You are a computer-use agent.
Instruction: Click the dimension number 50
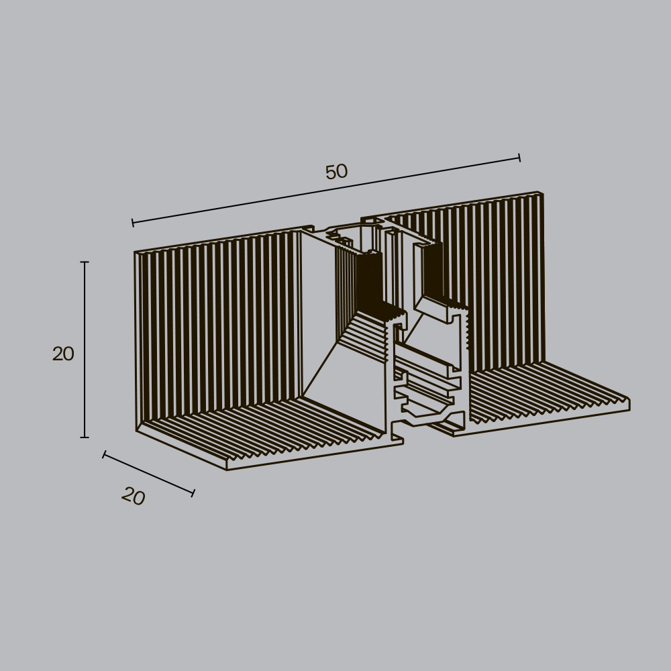click(336, 172)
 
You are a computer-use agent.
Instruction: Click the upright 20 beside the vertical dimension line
click(63, 354)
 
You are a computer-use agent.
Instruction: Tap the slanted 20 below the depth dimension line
click(134, 497)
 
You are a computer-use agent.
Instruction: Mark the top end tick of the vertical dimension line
click(85, 262)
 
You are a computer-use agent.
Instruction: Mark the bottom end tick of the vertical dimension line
click(85, 437)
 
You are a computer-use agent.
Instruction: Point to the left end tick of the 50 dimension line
click(132, 222)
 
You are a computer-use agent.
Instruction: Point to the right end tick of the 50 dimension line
click(519, 158)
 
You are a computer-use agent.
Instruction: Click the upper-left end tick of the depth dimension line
click(104, 455)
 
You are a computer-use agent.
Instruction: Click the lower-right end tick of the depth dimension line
click(193, 493)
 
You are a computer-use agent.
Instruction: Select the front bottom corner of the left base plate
click(227, 469)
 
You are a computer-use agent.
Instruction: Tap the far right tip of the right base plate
click(629, 404)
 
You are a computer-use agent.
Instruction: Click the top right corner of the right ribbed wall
click(542, 194)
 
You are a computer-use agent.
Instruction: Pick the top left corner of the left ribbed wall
click(136, 253)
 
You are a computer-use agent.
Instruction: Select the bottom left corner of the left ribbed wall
click(138, 429)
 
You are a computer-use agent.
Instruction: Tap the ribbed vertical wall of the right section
click(497, 282)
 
